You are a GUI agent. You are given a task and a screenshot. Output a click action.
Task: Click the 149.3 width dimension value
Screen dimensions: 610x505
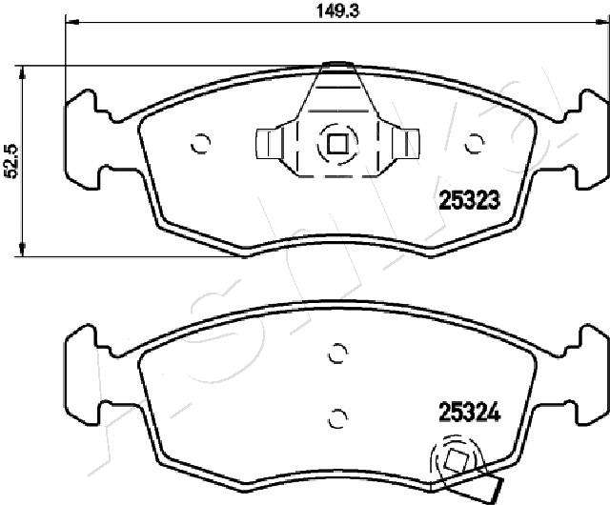(x=337, y=10)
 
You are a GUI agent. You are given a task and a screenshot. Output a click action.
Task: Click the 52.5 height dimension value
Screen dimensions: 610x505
(x=11, y=161)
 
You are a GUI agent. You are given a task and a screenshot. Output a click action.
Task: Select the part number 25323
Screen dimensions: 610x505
(x=469, y=200)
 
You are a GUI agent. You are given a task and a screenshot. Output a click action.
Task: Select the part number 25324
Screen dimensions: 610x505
(x=469, y=413)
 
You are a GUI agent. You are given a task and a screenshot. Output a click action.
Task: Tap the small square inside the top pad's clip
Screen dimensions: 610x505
(x=337, y=144)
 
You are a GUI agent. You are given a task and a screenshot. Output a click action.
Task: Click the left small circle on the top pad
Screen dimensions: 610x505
(x=201, y=144)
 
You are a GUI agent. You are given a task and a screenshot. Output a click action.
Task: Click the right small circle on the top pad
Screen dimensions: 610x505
(x=475, y=144)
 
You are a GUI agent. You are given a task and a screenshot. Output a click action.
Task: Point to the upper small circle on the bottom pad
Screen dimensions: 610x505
(x=337, y=353)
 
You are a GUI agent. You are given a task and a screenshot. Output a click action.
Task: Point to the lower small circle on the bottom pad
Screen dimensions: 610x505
(x=337, y=418)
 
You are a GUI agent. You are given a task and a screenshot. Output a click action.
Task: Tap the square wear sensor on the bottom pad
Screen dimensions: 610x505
(x=456, y=460)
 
